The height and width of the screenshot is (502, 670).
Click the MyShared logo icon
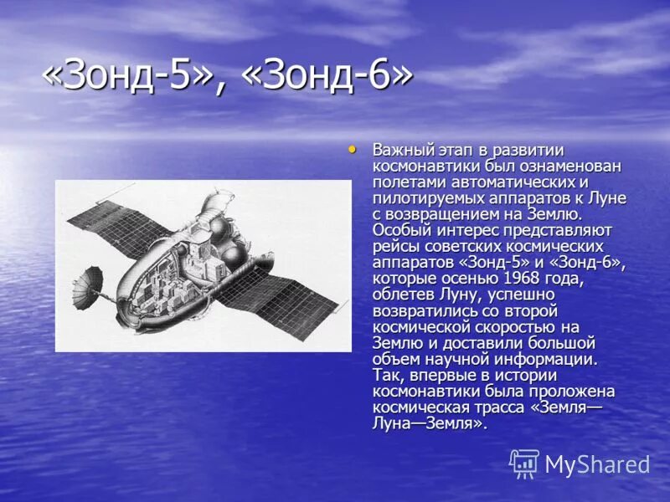point(524,464)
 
